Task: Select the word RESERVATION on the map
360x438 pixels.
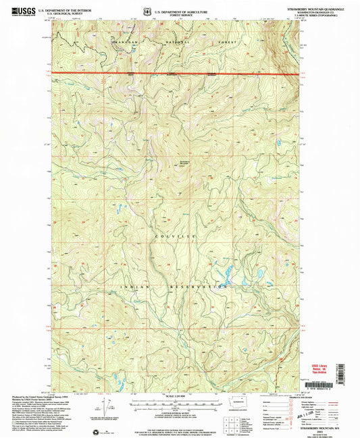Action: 205,286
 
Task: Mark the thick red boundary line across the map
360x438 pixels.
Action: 176,72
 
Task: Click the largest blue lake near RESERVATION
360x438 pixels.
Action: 228,275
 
